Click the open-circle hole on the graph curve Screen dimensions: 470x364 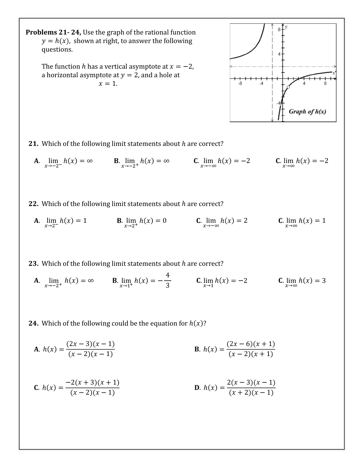pos(288,87)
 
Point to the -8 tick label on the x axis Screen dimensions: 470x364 pos(240,84)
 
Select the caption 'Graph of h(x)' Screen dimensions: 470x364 pos(307,111)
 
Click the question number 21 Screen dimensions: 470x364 pos(33,144)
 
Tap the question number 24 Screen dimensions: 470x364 pos(33,323)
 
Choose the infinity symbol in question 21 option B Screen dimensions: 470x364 pos(166,161)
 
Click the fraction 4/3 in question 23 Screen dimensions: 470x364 pos(167,280)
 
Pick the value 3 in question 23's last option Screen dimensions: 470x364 pos(324,281)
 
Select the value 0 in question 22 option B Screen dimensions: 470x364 pos(164,221)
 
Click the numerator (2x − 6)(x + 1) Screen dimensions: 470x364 pos(251,344)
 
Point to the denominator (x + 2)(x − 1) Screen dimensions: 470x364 pos(251,392)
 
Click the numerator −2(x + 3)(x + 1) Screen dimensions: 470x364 pos(92,382)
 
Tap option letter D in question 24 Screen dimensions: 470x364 pos(197,388)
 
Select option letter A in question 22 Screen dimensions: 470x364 pos(36,221)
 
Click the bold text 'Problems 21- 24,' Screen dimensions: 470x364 pos(53,32)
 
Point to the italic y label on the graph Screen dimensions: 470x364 pos(287,27)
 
